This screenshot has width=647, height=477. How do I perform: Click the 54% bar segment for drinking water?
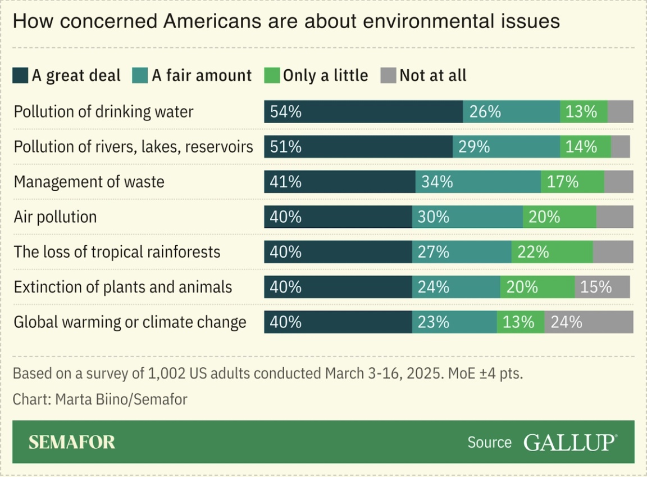363,111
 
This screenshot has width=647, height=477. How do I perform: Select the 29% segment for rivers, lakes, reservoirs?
506,147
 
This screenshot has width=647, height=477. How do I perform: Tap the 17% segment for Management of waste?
572,182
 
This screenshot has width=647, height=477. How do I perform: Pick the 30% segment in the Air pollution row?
467,217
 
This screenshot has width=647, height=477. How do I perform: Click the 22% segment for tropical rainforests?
552,252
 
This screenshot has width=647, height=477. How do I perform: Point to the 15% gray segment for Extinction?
602,287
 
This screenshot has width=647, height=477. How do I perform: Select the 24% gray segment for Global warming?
589,322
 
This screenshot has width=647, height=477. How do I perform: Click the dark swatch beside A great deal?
21,75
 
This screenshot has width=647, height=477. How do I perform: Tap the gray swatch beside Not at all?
389,75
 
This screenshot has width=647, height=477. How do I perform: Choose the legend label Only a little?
325,75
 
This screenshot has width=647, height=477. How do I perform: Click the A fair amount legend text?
202,75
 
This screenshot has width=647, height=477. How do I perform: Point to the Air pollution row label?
55,217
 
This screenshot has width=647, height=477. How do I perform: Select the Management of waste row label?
89,182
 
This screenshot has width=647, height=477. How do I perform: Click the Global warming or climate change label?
130,322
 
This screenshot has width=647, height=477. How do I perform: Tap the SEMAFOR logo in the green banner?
72,442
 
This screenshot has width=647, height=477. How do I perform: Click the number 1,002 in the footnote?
166,373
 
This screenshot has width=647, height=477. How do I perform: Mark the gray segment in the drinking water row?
620,111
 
